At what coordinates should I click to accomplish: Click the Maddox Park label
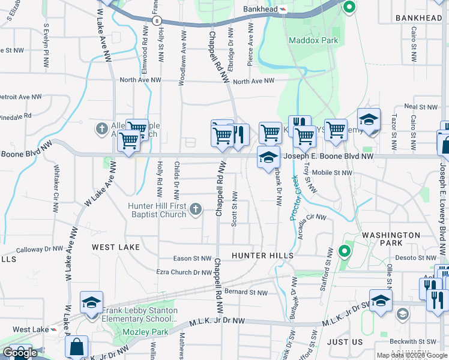pos(313,40)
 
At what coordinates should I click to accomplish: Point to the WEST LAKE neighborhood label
pos(116,247)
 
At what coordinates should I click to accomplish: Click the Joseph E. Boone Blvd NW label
pos(328,156)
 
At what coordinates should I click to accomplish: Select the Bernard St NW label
pos(246,293)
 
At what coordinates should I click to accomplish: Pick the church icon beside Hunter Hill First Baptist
pos(195,209)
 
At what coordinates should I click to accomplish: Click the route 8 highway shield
pos(157,20)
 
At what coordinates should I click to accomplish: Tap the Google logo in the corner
pos(20,353)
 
